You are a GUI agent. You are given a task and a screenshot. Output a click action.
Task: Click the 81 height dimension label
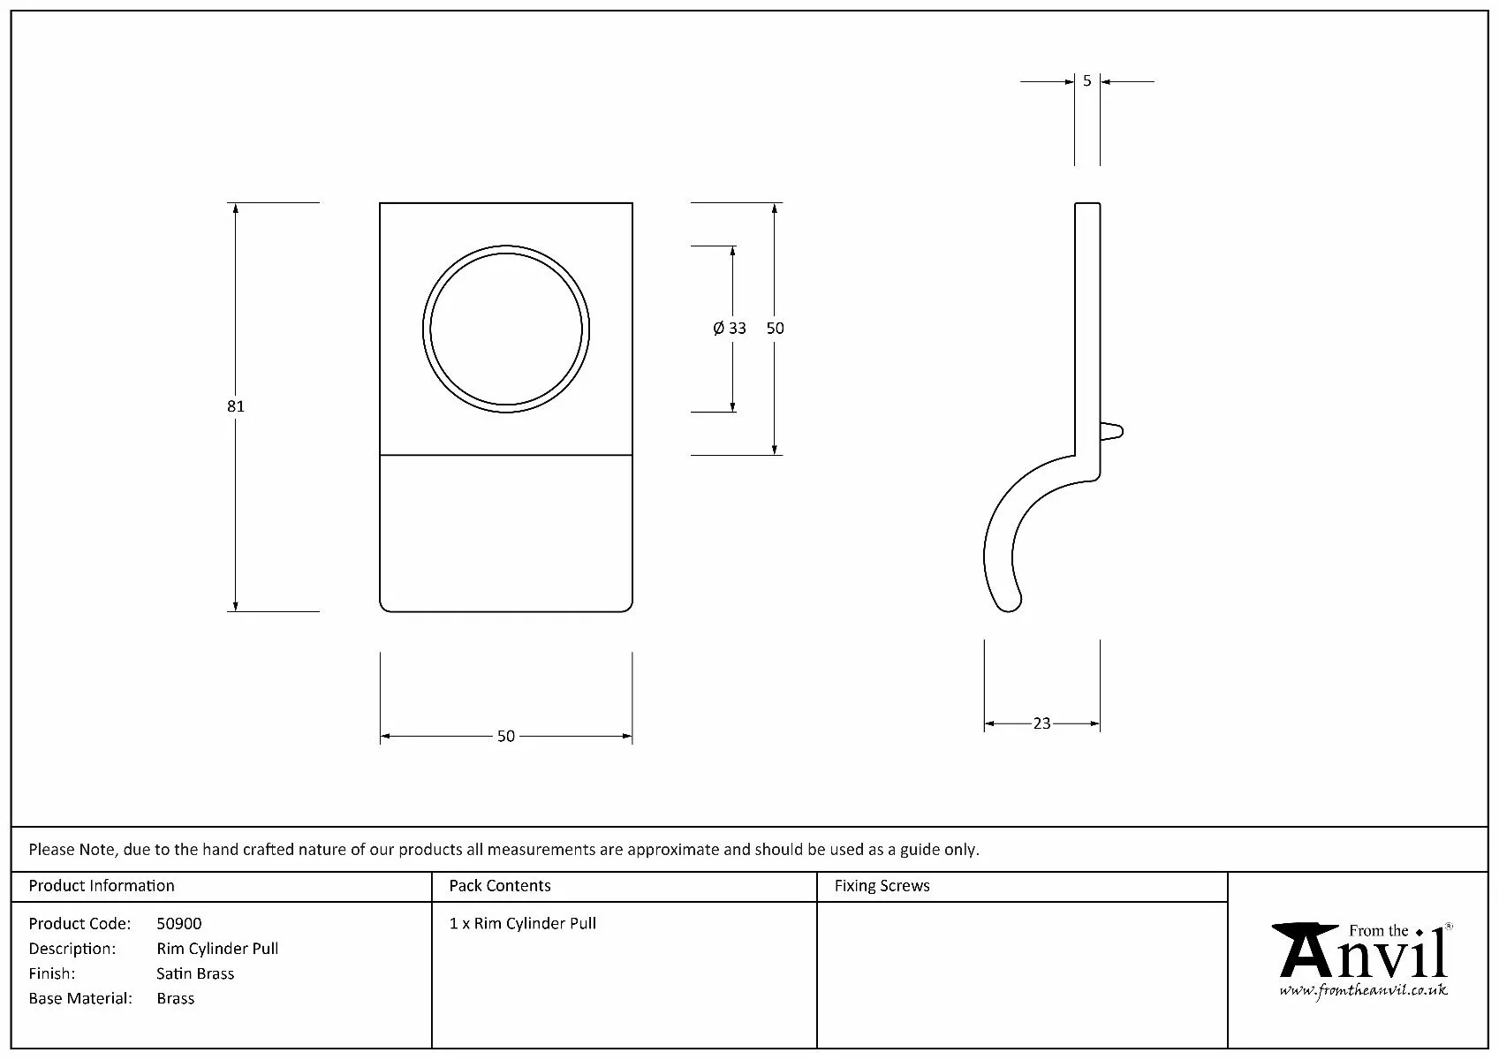(235, 406)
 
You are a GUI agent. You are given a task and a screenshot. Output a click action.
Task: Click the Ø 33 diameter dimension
(730, 328)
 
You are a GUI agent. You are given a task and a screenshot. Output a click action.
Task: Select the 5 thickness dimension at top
(1086, 81)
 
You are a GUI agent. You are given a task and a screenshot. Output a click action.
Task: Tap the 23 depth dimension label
(1042, 723)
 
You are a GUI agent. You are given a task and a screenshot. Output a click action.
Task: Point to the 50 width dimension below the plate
(506, 736)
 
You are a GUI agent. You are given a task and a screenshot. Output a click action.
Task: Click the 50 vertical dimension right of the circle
(775, 328)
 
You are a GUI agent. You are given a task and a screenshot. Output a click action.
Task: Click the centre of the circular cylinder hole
(505, 329)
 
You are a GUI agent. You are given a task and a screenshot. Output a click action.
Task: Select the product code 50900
(178, 924)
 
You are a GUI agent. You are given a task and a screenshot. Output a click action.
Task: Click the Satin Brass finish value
(195, 973)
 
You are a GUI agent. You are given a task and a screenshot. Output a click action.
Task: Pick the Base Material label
(80, 998)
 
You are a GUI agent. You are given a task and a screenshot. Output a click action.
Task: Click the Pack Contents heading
(500, 886)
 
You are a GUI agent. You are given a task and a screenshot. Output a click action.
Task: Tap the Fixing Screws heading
(882, 886)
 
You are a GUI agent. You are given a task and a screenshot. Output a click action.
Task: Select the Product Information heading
(102, 886)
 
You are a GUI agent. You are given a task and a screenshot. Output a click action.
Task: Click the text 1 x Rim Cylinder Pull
(523, 924)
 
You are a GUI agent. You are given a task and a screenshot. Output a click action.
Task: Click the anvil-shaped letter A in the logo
(1305, 950)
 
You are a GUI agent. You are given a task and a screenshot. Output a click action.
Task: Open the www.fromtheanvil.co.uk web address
(1364, 990)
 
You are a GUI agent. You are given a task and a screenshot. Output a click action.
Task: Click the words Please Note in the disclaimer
(72, 850)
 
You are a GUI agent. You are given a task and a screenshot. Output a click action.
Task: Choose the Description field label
(72, 949)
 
